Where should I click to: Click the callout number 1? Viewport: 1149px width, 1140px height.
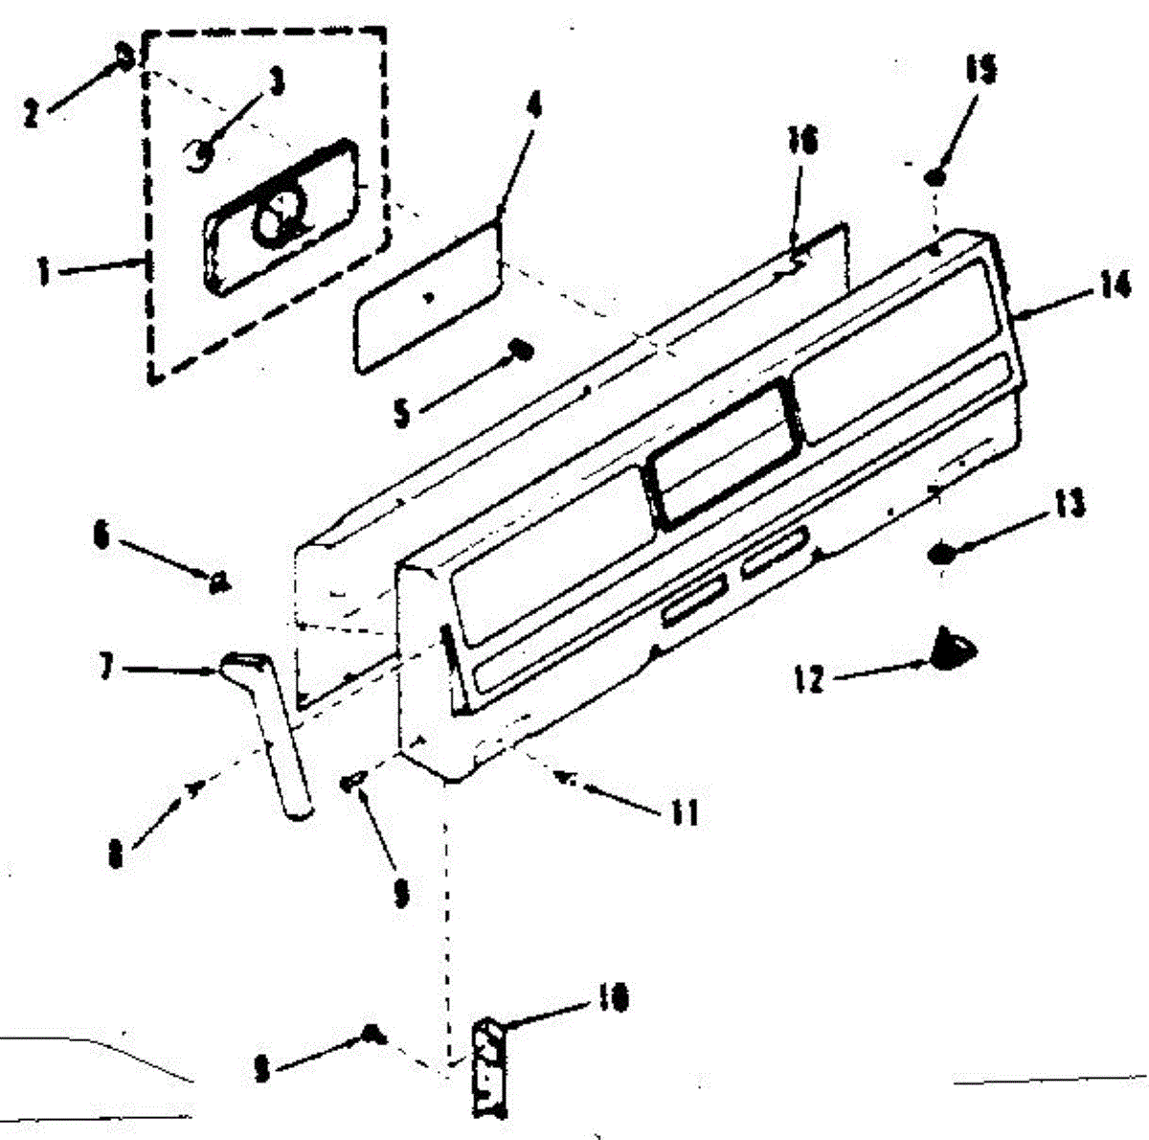[43, 273]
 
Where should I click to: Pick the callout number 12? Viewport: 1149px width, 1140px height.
[809, 680]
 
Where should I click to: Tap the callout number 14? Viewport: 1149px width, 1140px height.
[1113, 286]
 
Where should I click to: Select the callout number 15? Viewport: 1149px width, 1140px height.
[980, 72]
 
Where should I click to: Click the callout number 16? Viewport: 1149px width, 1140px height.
[801, 142]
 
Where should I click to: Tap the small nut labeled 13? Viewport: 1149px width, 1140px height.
[942, 553]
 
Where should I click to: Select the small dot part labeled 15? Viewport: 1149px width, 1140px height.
[936, 177]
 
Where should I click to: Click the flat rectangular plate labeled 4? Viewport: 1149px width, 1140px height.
[428, 297]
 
